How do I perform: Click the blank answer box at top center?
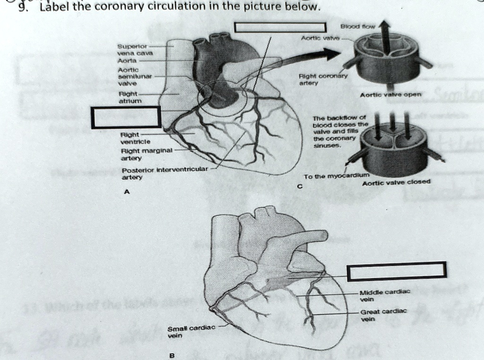(x=281, y=28)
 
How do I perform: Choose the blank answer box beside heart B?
(x=396, y=271)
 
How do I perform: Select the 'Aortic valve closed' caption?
(x=389, y=182)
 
